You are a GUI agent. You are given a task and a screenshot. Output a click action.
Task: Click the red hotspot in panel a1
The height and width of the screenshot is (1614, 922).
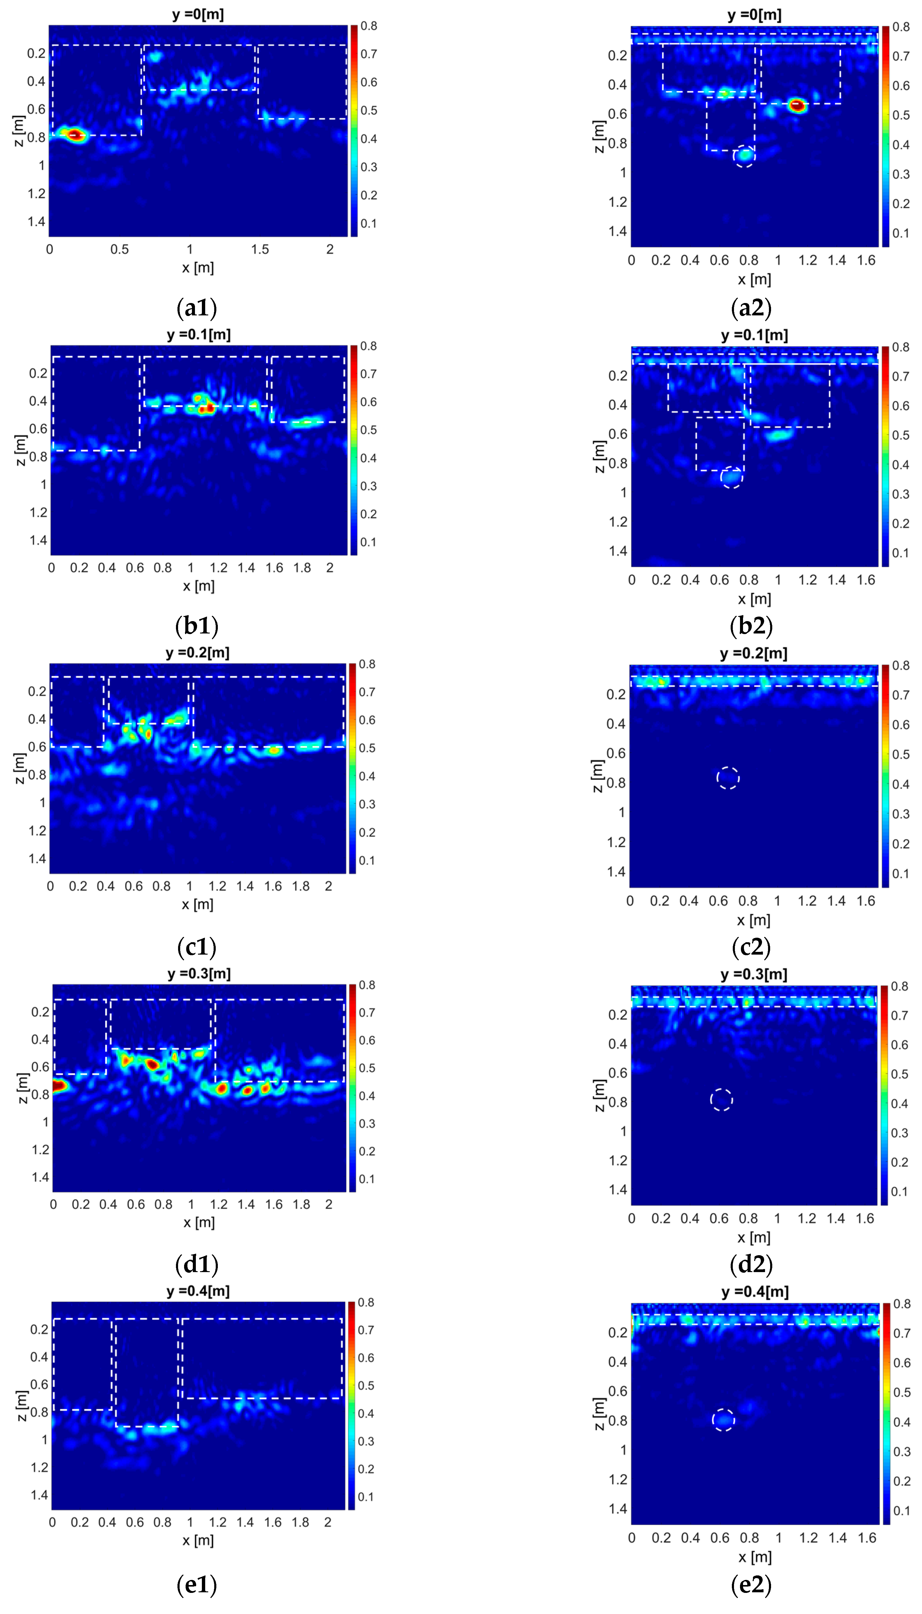pos(75,134)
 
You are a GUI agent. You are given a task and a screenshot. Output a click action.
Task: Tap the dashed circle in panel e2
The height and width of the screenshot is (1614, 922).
pos(723,1420)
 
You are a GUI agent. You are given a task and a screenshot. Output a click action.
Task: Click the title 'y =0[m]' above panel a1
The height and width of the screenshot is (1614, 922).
pos(198,14)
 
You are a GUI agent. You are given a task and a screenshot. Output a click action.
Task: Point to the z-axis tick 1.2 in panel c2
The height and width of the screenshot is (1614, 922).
pos(617,842)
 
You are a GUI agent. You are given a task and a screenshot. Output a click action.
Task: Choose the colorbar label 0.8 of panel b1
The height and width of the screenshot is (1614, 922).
pos(368,346)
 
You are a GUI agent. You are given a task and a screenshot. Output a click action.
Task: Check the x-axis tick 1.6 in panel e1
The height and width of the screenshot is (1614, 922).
pos(273,1522)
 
